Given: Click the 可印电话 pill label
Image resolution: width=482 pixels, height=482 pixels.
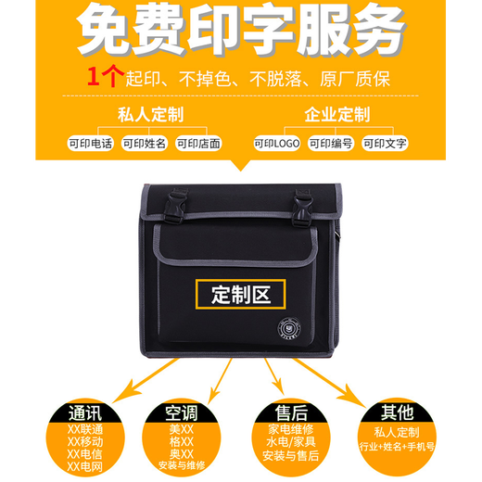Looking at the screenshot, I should pos(91,144).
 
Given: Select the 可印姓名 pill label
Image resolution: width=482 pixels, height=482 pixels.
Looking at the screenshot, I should pos(145,144).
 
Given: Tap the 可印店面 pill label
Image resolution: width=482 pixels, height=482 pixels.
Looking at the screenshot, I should pos(199,144).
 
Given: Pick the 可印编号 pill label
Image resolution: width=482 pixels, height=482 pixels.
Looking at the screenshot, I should pos(331,144).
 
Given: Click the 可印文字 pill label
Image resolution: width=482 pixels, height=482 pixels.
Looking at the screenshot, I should pos(385,144).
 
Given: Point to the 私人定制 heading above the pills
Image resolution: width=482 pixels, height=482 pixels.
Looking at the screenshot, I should pos(151,115).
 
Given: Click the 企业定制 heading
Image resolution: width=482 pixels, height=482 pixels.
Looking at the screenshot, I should pos(336,115).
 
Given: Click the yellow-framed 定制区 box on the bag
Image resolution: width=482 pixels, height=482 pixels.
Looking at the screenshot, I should pos(240,296).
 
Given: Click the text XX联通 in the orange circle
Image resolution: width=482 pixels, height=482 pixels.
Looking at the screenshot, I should pos(86,430).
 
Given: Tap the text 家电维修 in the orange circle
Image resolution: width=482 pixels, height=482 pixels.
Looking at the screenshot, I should pos(292,431).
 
